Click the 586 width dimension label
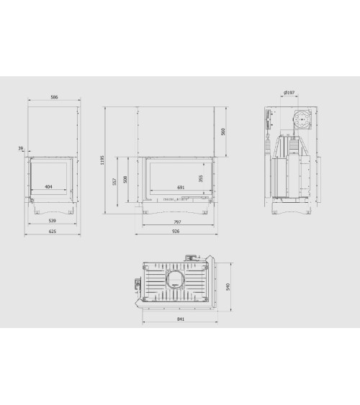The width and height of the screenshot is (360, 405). coord(54,97)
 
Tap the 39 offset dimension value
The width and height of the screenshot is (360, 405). coord(21,148)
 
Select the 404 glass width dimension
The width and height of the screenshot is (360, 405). coord(48,186)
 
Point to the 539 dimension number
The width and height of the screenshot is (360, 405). coord(53,221)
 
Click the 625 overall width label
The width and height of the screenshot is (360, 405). coord(53,232)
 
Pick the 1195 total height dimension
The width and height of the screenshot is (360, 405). coord(102,160)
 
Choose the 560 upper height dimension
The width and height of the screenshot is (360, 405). coord(223,132)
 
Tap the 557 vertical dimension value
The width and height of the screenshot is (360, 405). coord(114,181)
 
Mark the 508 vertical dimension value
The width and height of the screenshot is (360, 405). coord(125,179)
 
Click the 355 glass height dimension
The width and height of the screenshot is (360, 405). coord(201,178)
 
